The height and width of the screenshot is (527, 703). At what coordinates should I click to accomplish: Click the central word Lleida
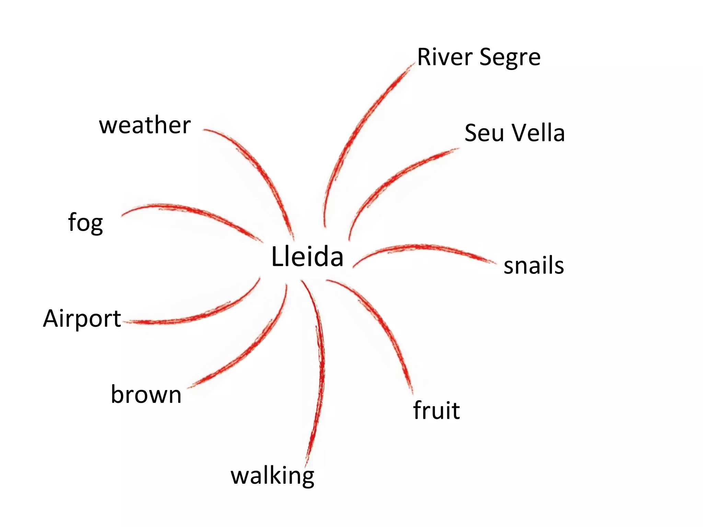tap(307, 256)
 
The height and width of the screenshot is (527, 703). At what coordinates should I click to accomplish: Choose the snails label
tap(533, 266)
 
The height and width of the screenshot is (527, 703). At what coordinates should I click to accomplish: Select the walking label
tap(272, 476)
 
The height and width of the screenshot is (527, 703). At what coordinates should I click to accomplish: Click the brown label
tap(146, 395)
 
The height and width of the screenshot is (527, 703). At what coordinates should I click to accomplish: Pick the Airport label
tap(82, 319)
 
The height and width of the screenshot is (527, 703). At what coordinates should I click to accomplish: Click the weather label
tap(145, 125)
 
